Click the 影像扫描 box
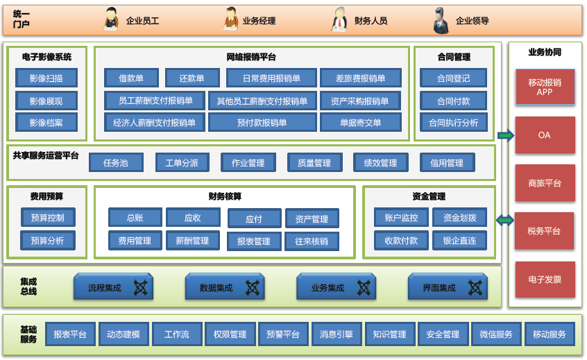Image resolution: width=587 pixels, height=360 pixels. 46,78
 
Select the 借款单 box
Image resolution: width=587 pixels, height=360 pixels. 132,78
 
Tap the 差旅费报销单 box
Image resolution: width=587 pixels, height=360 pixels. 361,78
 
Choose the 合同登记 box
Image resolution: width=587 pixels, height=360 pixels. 453,78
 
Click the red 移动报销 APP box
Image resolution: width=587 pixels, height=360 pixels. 545,87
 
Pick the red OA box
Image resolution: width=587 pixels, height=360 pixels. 545,135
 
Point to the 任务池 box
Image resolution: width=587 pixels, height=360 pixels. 116,163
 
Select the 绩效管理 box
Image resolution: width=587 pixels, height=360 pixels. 380,163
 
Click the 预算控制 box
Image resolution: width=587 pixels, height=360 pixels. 47,218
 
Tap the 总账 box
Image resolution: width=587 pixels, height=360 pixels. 135,218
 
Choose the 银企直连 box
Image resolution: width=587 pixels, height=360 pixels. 459,241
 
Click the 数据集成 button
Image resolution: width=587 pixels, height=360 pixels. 226,287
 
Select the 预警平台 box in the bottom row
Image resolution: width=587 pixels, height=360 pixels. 283,334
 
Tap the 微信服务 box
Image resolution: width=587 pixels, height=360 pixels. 496,334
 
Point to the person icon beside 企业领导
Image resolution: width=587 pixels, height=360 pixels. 440,19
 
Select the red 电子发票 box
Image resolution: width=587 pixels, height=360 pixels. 545,280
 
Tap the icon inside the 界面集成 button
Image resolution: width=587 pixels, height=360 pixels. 475,287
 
